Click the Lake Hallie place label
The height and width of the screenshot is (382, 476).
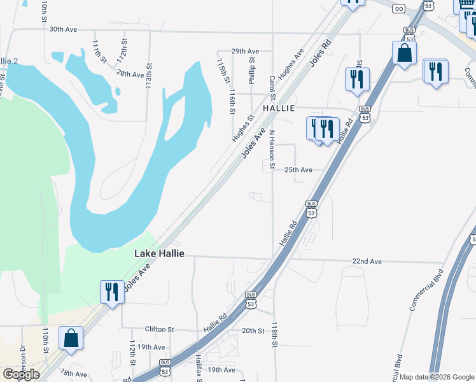click(x=159, y=253)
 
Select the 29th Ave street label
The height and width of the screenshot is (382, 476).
click(x=245, y=51)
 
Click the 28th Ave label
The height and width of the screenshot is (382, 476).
click(x=130, y=74)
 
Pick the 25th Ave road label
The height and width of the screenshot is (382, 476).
click(x=298, y=170)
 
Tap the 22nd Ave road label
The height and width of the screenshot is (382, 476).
click(x=367, y=262)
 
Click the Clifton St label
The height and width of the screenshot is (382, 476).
click(x=159, y=330)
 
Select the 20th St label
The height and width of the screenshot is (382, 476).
click(x=253, y=330)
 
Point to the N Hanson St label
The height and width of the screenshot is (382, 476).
click(x=271, y=150)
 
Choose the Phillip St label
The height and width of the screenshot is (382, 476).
click(x=252, y=71)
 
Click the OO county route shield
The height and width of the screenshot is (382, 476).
click(x=399, y=8)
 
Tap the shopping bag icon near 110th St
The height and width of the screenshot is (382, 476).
click(x=71, y=337)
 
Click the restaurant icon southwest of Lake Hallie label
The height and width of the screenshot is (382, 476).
click(x=112, y=292)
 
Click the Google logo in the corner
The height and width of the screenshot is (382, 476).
click(x=21, y=374)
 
